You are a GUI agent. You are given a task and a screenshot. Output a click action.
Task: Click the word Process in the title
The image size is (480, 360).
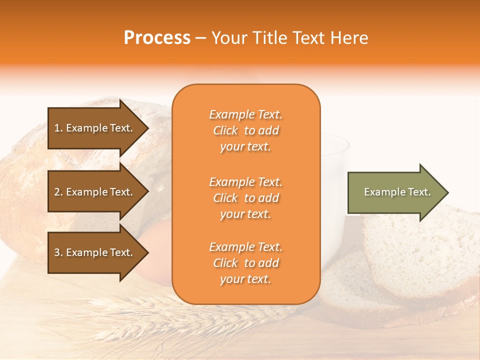(x=157, y=38)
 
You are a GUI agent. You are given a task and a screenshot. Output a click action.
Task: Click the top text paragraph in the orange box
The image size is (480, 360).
(x=245, y=130)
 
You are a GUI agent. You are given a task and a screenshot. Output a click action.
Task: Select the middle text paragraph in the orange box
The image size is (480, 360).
(x=245, y=198)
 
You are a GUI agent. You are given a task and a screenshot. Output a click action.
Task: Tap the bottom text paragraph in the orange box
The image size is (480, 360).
(x=245, y=263)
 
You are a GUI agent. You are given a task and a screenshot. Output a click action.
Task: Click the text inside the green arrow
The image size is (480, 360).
(x=397, y=192)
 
